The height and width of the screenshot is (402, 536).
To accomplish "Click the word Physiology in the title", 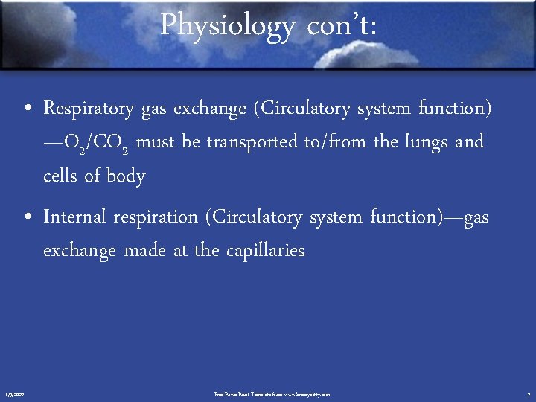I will [x=227, y=26].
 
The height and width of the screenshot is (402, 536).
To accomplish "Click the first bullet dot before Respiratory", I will [x=27, y=110].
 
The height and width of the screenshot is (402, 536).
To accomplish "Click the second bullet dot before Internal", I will [x=27, y=218].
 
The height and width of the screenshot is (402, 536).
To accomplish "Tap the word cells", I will [x=61, y=176].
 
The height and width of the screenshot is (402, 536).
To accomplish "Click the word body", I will [x=126, y=176].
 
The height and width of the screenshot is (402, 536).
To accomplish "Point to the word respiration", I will [x=156, y=217].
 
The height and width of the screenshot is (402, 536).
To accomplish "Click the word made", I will [x=146, y=250].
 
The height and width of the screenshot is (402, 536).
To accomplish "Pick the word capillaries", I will [x=261, y=251].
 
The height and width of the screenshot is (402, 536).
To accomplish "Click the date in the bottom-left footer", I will [x=14, y=394].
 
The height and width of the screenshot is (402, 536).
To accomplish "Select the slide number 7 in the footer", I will [x=528, y=394].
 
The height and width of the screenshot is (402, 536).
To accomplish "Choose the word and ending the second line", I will [x=469, y=141].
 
